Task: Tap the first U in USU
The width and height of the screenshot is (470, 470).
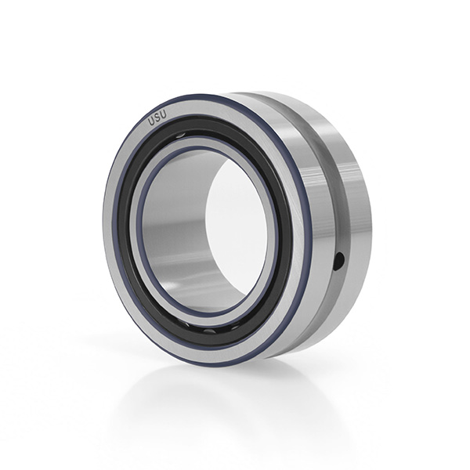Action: pos(150,121)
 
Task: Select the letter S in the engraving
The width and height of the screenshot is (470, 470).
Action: pos(157,117)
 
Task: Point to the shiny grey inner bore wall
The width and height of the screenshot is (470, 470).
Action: pos(174,228)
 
